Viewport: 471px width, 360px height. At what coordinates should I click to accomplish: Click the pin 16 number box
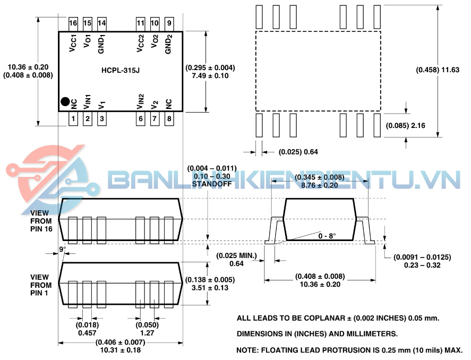[73, 24]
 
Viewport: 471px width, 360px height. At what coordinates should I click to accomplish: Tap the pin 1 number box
[73, 118]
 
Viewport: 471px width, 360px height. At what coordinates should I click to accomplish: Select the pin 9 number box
[169, 24]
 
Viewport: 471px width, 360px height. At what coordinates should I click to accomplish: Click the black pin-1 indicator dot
[65, 102]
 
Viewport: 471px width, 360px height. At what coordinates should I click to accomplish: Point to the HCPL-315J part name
[121, 71]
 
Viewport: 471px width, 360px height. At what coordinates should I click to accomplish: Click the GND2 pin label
[168, 44]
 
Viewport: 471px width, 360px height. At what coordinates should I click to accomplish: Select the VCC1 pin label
[73, 43]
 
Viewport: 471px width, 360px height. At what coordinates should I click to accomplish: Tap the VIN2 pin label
[140, 101]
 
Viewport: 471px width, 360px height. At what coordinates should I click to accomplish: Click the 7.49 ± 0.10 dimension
[210, 75]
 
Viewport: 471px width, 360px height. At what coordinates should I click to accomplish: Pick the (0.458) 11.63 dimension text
[438, 70]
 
